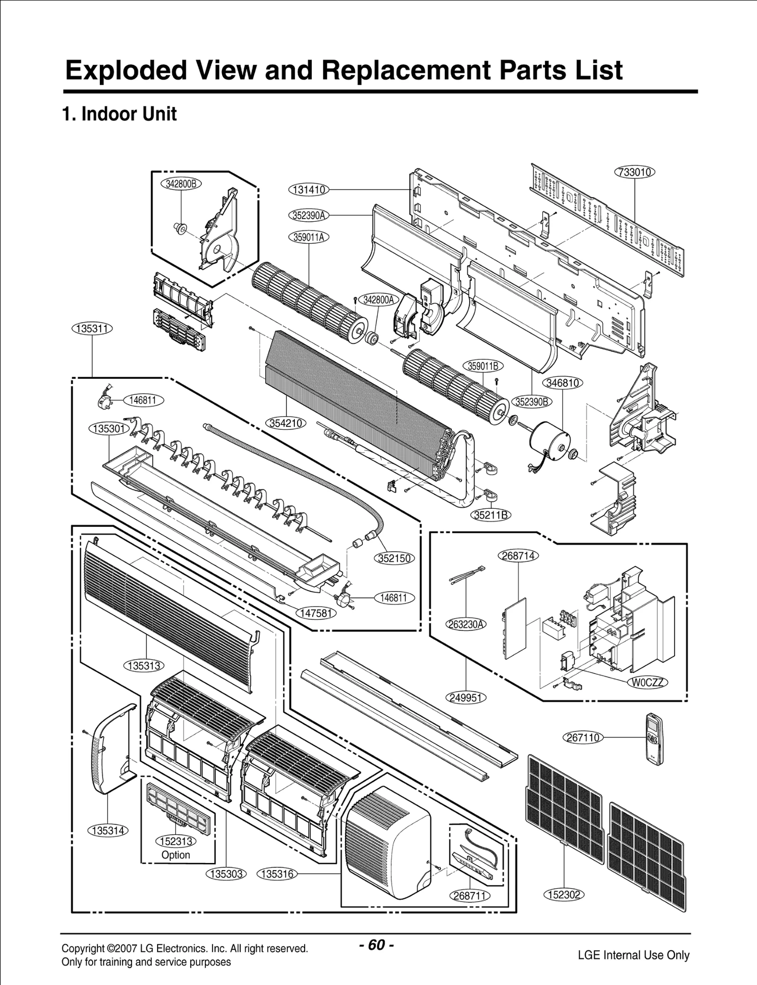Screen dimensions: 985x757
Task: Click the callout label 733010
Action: [x=634, y=172]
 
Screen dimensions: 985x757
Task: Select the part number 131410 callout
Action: [x=308, y=190]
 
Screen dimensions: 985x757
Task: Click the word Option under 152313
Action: [x=176, y=855]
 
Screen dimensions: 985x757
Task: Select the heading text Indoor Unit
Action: [x=129, y=114]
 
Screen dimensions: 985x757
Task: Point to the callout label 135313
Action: [x=144, y=666]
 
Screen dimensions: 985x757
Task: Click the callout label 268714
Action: [x=519, y=556]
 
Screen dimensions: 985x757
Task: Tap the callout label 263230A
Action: [x=467, y=624]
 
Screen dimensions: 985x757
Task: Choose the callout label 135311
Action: [x=92, y=328]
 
